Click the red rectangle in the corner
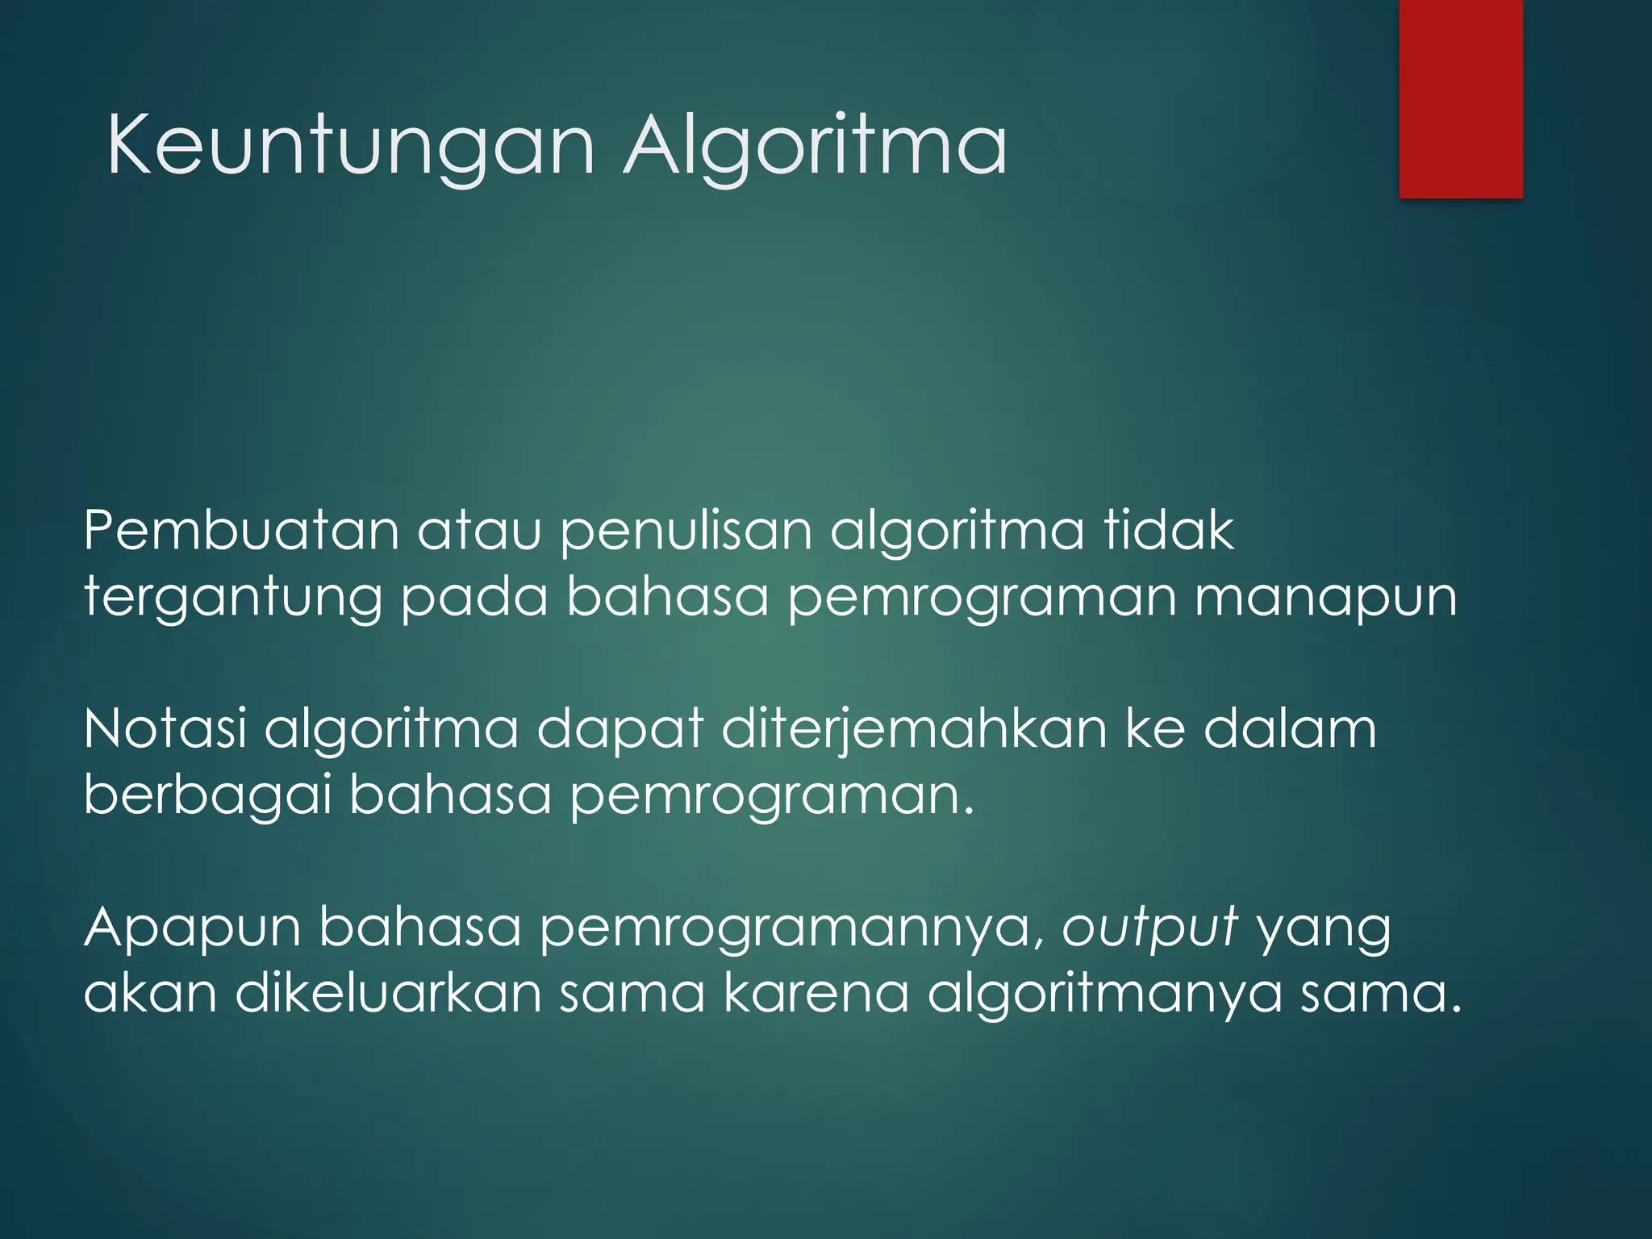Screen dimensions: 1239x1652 tap(1461, 98)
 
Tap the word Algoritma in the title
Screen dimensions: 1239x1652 tap(815, 145)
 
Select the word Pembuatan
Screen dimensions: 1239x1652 tap(241, 531)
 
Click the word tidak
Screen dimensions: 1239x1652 tap(1169, 531)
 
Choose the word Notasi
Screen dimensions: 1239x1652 tap(165, 728)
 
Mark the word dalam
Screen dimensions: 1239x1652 tap(1290, 728)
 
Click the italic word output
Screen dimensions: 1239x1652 tap(1149, 928)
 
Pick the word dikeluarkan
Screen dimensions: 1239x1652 tap(388, 993)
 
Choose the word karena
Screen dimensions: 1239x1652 tap(816, 993)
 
